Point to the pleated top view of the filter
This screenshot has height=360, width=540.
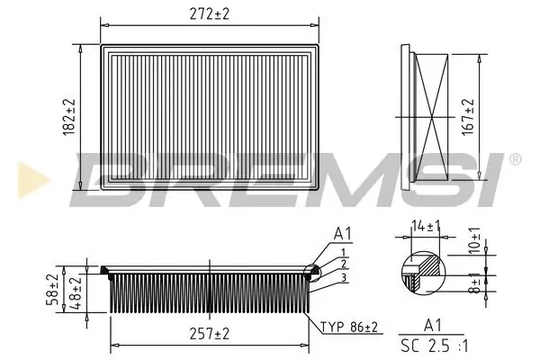click(211, 117)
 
